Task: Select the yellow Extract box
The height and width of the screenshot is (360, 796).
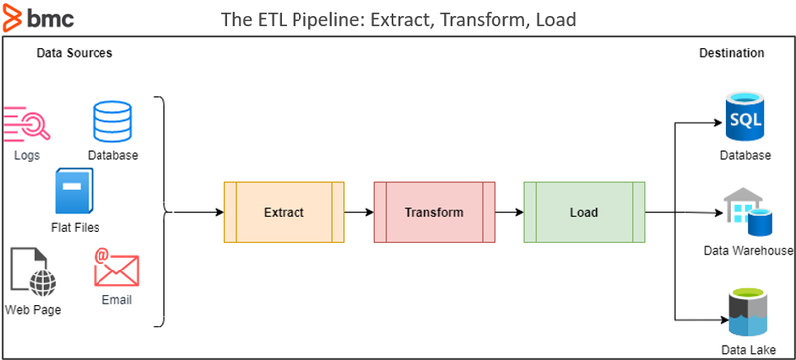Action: (x=284, y=212)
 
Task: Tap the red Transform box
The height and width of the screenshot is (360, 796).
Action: (x=434, y=212)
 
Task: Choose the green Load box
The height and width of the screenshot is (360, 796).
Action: (x=583, y=212)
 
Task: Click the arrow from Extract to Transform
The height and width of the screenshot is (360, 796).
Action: (x=358, y=212)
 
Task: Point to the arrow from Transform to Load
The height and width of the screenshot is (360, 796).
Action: (x=508, y=212)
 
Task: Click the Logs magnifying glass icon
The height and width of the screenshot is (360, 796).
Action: (x=26, y=124)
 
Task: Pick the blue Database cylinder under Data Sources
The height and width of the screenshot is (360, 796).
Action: (x=111, y=123)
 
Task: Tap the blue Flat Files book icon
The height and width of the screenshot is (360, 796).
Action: (x=76, y=193)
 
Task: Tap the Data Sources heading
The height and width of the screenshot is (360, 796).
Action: (x=75, y=53)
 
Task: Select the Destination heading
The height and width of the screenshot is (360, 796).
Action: (x=731, y=53)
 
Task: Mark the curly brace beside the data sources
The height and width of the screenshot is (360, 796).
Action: (x=162, y=212)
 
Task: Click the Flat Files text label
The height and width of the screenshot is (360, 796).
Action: (x=76, y=228)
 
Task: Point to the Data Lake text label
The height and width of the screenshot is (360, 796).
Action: (x=747, y=349)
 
